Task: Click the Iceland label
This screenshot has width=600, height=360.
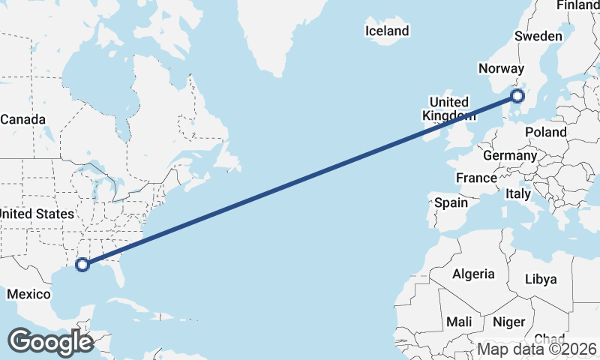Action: [387, 31]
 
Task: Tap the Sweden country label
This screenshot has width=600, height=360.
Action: [538, 36]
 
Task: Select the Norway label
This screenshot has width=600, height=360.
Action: [499, 68]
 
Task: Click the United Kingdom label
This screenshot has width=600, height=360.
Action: [448, 109]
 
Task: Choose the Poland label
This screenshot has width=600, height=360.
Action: [546, 132]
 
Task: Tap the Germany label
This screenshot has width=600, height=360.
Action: [510, 156]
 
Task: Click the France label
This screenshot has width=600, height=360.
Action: [476, 178]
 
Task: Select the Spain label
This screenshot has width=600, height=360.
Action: [451, 202]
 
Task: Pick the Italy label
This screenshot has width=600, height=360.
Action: [517, 193]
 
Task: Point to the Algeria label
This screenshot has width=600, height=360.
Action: [473, 274]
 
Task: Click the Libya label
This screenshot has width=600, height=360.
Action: [541, 279]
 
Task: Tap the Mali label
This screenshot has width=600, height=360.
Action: [459, 322]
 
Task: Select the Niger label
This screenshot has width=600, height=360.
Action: [508, 322]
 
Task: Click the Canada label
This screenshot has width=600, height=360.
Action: [23, 119]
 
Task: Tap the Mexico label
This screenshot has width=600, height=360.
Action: [28, 294]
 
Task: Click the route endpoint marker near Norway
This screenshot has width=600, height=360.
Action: [517, 95]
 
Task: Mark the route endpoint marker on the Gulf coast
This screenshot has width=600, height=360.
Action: [82, 264]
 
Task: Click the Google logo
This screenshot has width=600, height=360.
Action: [50, 342]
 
